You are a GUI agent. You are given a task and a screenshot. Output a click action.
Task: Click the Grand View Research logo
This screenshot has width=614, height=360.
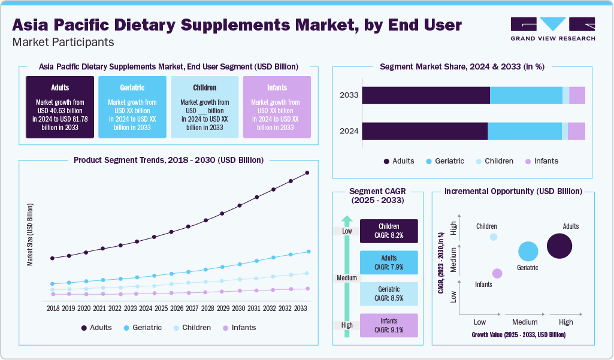coord(552,28)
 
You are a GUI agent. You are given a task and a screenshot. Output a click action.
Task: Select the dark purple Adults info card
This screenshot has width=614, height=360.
coord(60,107)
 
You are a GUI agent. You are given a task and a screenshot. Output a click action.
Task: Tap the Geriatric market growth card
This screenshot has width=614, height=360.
coord(132,107)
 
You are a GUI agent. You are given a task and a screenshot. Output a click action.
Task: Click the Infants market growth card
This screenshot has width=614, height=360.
coord(276,107)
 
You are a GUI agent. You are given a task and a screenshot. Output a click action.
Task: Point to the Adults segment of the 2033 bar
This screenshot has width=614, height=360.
coord(425,96)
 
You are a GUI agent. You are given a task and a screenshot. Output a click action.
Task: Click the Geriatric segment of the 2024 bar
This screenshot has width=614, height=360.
coord(525,132)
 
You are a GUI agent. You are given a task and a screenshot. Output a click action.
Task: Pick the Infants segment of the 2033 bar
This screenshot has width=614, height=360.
coord(577,96)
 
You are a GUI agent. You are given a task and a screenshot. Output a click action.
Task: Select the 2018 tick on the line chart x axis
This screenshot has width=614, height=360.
coord(53,308)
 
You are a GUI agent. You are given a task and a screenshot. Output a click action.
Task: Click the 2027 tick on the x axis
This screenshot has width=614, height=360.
coord(192,308)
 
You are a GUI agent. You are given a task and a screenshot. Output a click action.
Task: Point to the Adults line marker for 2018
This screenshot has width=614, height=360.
coord(53,258)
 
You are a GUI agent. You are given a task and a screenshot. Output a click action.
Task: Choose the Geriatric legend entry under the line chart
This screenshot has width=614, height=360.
coord(143,328)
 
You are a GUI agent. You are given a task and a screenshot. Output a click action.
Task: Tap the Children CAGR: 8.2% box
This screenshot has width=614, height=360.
coord(389,231)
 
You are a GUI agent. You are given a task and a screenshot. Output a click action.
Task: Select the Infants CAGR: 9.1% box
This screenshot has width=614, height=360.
coord(389,325)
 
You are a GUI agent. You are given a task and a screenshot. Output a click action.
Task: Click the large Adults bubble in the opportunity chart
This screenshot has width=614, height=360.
coord(559,246)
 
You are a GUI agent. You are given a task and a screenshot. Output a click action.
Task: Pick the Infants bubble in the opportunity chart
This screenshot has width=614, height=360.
coord(497,273)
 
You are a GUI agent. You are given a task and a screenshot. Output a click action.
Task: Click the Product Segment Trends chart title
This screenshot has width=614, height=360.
coord(168,160)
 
